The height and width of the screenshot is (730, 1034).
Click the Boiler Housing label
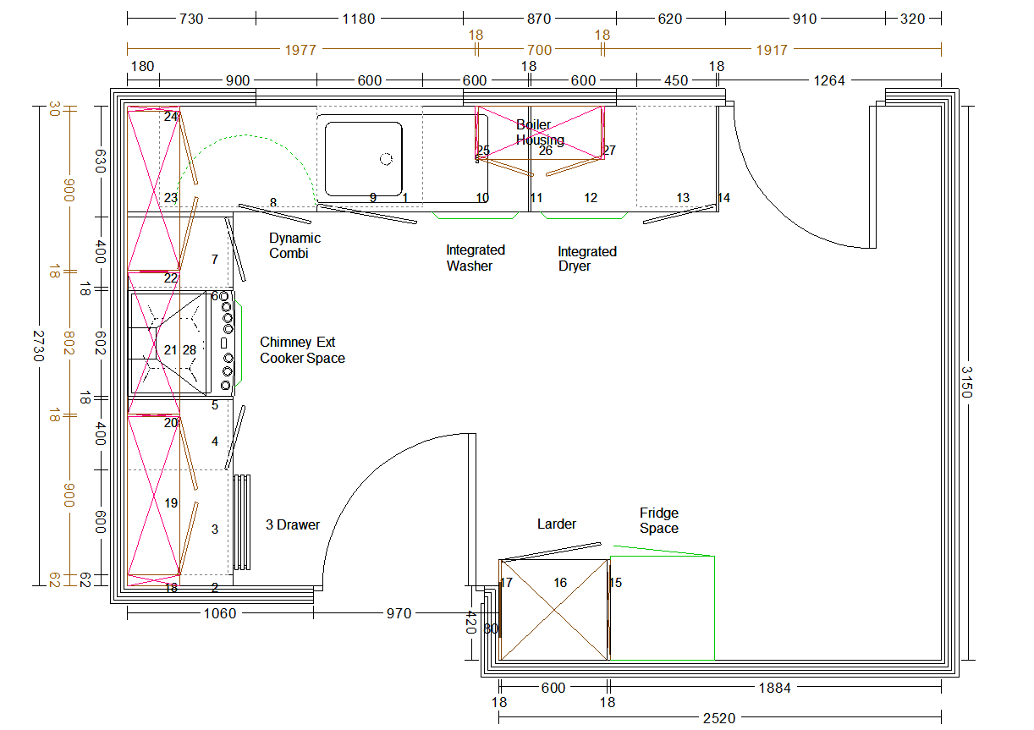point(540,133)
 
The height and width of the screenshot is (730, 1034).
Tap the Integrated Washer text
point(476,258)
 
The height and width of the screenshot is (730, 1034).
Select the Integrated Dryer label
point(587,259)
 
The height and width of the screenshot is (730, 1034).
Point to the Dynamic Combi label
point(295,245)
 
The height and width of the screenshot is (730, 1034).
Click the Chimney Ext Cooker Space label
point(302,350)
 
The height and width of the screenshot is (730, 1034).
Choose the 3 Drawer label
point(293,524)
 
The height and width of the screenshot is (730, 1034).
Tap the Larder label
point(557,524)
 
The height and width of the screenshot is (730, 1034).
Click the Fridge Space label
point(659,520)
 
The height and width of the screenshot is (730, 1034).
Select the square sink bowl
point(363,159)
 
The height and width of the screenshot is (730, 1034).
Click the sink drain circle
point(386,159)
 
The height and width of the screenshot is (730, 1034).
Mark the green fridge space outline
point(714,608)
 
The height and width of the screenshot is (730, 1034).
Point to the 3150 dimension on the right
point(967,382)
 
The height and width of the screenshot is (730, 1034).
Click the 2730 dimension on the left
point(39,346)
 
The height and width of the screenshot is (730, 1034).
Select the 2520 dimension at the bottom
point(719,718)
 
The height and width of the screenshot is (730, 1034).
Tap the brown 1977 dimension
point(300,50)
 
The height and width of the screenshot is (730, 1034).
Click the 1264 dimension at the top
point(829,80)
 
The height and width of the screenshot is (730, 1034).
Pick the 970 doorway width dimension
point(399,614)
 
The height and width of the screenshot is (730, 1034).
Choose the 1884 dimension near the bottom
point(775,688)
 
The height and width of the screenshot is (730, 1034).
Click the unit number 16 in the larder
point(560,583)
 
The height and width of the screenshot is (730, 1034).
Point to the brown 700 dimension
point(540,50)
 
